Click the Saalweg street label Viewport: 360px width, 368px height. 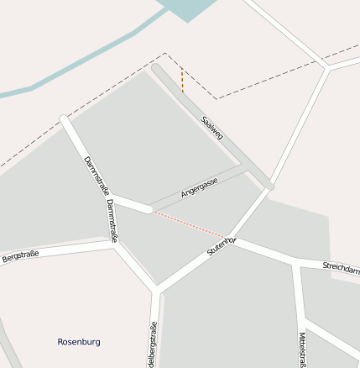(212, 128)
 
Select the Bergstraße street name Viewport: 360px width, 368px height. (20, 255)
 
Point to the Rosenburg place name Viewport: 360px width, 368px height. (79, 342)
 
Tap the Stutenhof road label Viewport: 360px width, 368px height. (222, 247)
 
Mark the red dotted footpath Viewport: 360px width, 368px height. (189, 223)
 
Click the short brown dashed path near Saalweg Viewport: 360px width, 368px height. (182, 78)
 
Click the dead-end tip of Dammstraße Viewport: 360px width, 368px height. (64, 120)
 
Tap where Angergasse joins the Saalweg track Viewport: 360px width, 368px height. (248, 167)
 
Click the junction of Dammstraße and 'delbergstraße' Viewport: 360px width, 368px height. (156, 291)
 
